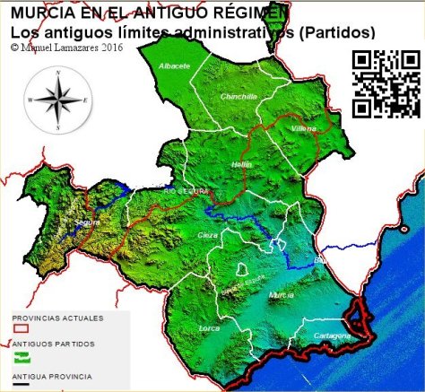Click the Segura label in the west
87,222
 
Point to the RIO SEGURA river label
186,191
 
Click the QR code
386,83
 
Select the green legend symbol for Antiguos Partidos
21,356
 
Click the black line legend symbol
21,383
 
